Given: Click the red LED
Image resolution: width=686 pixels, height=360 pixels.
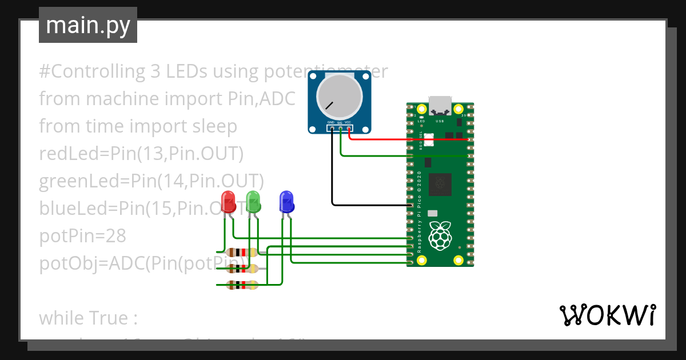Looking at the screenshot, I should coord(229,201).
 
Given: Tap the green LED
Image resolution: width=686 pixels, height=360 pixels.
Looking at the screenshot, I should coord(253,201).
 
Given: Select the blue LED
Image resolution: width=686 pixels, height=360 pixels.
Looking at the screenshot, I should coord(286,202).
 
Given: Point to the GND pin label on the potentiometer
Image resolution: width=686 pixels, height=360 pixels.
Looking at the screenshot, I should coord(331,122).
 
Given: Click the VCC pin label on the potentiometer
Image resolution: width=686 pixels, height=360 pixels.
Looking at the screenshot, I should coord(348,122).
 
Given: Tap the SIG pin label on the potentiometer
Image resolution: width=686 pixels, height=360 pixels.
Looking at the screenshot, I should coord(340,122).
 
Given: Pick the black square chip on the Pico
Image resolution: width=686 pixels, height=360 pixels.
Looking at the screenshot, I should coord(440,183).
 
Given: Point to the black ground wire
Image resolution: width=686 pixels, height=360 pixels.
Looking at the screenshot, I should coord(332,171).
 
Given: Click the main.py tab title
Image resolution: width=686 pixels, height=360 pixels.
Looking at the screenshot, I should coord(88,25).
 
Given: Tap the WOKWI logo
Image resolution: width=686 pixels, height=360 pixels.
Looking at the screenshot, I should coord(607,315).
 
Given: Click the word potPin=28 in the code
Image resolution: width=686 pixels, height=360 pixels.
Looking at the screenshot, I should coord(82,236).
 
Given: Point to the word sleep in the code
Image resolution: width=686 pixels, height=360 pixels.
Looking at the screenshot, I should coord(214,126).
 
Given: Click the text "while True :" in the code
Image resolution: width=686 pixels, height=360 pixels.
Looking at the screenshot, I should coord(89,317).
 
